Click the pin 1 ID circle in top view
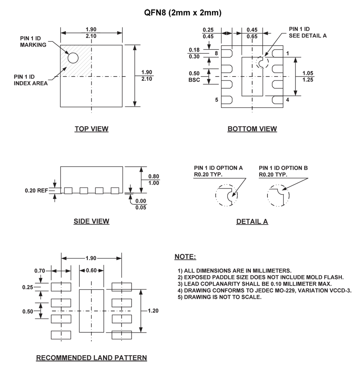tap(73, 58)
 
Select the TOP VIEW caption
tap(91, 129)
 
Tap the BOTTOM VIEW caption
tap(252, 129)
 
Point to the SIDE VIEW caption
tap(91, 222)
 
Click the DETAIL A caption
tap(252, 222)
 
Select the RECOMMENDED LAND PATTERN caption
tap(91, 358)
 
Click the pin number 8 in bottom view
tap(217, 53)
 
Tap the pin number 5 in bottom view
tap(217, 100)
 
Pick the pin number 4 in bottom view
tap(287, 100)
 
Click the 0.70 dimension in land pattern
tap(39, 271)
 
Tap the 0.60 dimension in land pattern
tap(91, 271)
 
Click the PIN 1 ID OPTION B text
tap(283, 168)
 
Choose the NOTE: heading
tap(185, 257)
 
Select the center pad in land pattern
tap(91, 310)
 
